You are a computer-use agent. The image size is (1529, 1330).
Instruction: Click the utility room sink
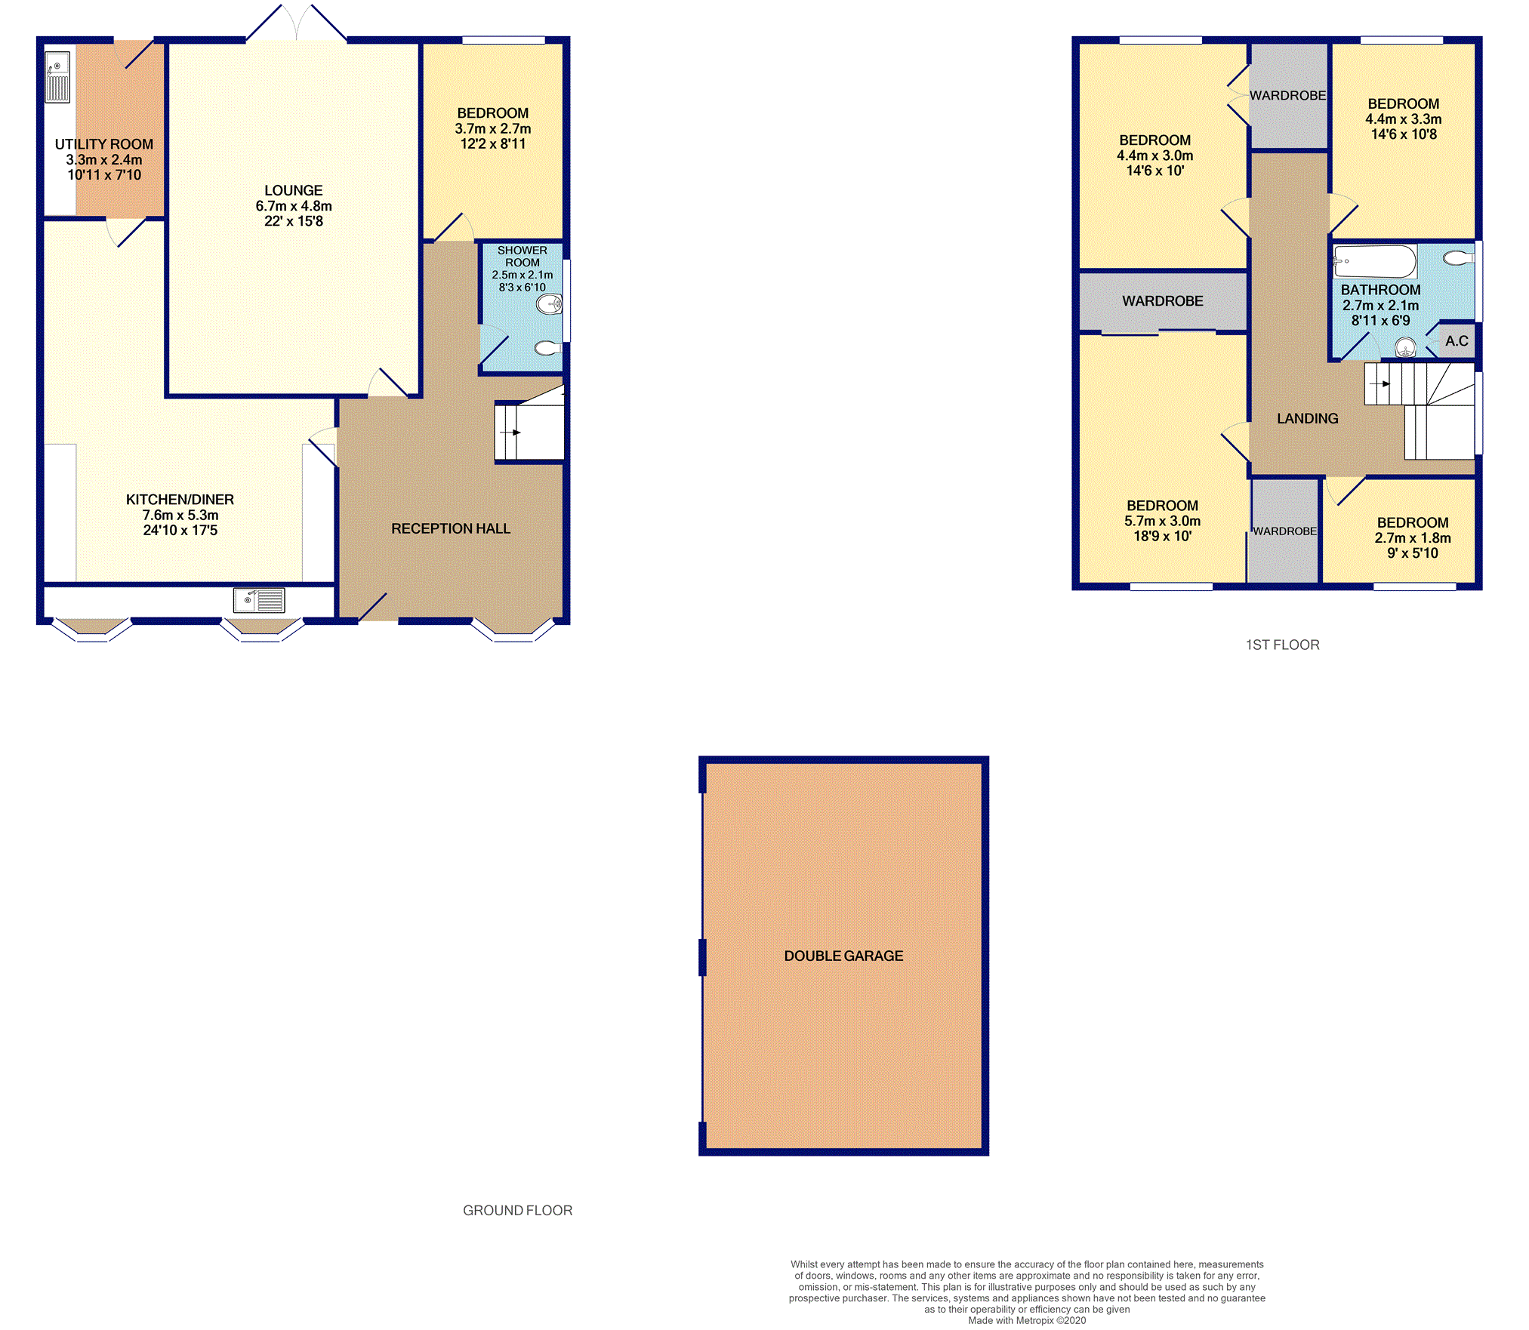[x=57, y=76]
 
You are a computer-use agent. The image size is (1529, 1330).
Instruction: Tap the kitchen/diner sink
[x=259, y=600]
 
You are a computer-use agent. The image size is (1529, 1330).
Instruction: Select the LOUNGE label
[x=294, y=191]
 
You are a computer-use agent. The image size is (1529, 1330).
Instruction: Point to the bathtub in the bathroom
[x=1375, y=262]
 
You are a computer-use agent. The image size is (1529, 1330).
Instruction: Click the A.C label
[x=1457, y=341]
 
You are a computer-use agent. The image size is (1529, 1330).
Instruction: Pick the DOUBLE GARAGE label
[x=843, y=956]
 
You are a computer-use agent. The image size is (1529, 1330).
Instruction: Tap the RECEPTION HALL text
[x=451, y=529]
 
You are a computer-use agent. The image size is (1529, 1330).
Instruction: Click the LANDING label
[x=1307, y=419]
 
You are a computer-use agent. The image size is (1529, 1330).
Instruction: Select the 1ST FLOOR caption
[x=1282, y=645]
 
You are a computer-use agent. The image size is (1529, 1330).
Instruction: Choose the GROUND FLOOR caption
[x=517, y=1211]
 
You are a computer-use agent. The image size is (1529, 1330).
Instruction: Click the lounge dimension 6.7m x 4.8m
[x=294, y=206]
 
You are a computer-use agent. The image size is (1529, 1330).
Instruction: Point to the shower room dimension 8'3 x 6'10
[x=522, y=288]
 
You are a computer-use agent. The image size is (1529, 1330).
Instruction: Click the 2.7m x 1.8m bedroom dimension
[x=1413, y=538]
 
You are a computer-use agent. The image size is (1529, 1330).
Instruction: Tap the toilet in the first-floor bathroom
[x=1458, y=259]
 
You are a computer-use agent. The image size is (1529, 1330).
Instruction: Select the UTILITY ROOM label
[x=104, y=144]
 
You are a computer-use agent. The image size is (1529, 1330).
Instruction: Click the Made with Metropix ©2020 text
[x=1027, y=1320]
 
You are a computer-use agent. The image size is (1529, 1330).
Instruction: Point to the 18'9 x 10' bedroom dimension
[x=1162, y=537]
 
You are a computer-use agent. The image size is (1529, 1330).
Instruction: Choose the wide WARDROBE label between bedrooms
[x=1162, y=301]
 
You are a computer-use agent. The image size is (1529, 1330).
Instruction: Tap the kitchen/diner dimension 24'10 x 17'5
[x=180, y=531]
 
